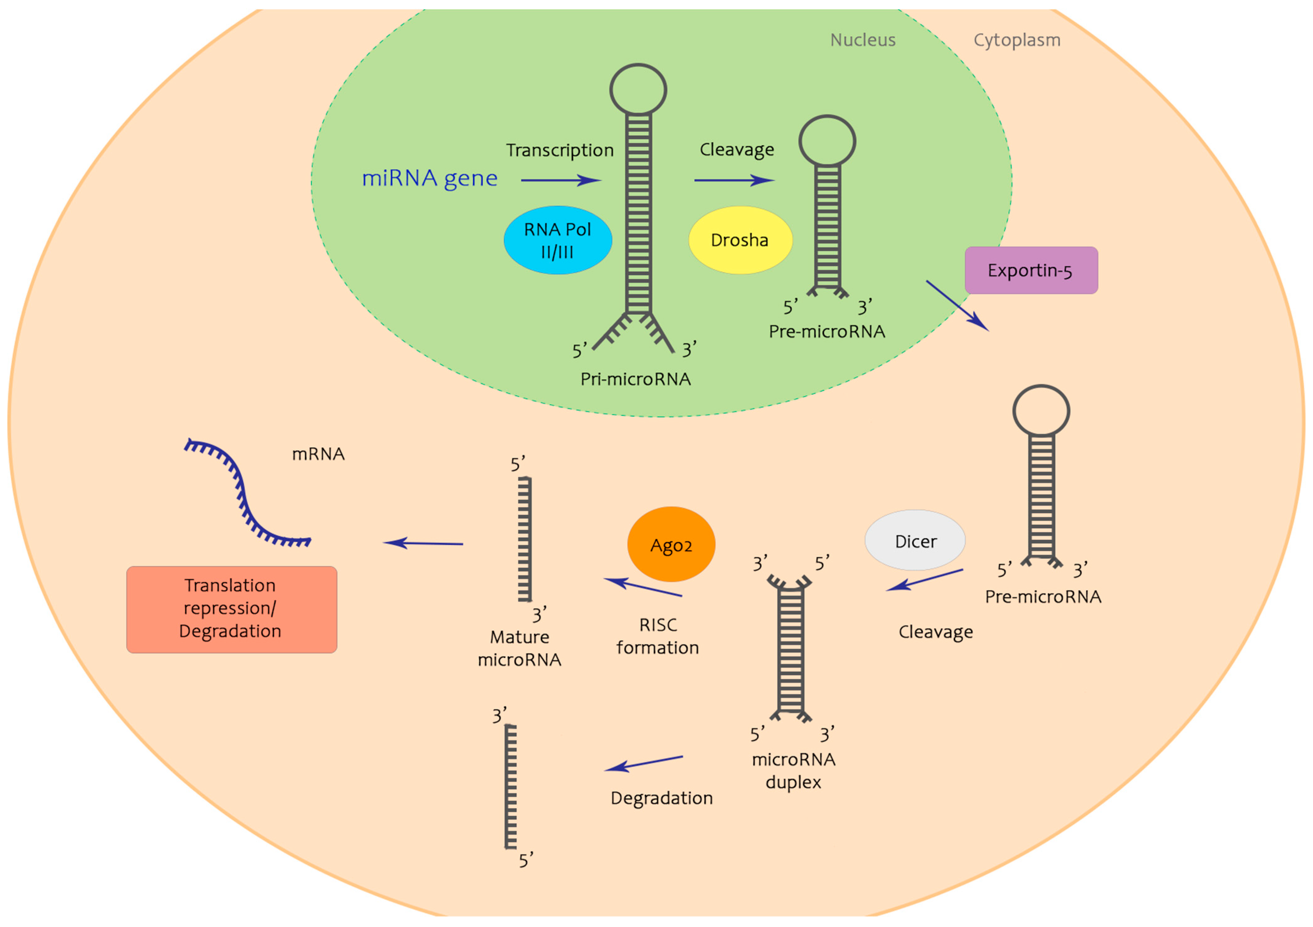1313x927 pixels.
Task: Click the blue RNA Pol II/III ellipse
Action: (558, 240)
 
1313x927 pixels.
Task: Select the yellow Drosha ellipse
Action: (740, 240)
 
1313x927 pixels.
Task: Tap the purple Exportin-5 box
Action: (1031, 270)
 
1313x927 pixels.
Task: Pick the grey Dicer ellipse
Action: (915, 540)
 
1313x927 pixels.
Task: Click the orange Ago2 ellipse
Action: (671, 544)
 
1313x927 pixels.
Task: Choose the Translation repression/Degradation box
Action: (232, 609)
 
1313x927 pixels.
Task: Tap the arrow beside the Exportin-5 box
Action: (957, 306)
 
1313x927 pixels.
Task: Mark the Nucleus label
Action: (863, 40)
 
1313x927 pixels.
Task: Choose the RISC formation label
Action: (658, 636)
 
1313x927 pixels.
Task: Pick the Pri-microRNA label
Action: (635, 379)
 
